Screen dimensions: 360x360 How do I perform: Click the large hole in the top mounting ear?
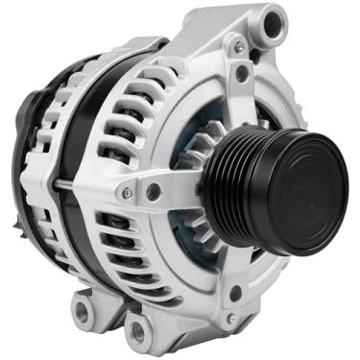274,21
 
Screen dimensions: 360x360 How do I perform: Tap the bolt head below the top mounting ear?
236,46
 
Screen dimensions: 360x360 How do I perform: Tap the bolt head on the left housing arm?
127,193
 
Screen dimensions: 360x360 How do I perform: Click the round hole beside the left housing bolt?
154,192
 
